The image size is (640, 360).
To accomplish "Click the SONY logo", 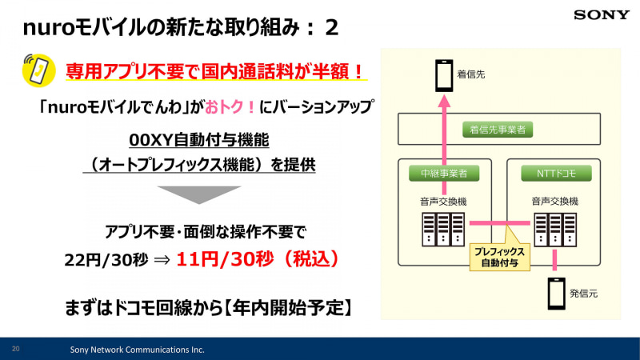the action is click(x=602, y=15).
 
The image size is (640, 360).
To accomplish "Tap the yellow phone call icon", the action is click(x=38, y=70).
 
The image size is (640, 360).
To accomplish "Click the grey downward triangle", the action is click(x=199, y=194).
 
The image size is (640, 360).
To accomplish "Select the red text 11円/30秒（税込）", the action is click(x=258, y=258).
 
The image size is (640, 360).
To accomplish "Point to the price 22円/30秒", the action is click(x=106, y=259).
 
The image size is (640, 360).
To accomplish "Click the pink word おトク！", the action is click(x=230, y=107).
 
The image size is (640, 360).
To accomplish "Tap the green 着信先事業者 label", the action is click(x=498, y=130).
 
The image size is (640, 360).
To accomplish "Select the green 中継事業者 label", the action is click(x=444, y=173).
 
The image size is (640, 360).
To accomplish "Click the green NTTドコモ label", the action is click(x=556, y=173).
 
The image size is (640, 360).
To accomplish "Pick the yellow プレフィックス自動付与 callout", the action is click(x=499, y=257).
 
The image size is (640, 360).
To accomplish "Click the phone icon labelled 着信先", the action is click(x=444, y=75).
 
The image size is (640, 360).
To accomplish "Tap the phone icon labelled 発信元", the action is click(x=556, y=294).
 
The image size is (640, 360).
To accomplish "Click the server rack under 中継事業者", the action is click(x=443, y=230).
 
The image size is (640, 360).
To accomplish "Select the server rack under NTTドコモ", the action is click(x=555, y=230).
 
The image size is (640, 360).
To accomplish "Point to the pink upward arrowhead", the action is click(x=445, y=101).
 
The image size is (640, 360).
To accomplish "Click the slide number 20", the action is click(x=15, y=349).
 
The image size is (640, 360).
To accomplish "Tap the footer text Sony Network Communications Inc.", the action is click(x=137, y=350).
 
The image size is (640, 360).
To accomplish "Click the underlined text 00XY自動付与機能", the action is click(x=199, y=140).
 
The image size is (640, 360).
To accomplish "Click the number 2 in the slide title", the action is click(x=331, y=28).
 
